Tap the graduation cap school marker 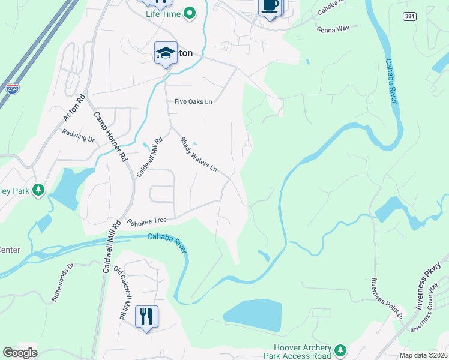click(x=165, y=53)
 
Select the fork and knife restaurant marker click(x=146, y=316)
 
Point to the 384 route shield click(x=409, y=16)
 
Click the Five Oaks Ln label click(x=193, y=102)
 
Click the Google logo click(x=20, y=353)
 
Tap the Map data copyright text click(x=423, y=355)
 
